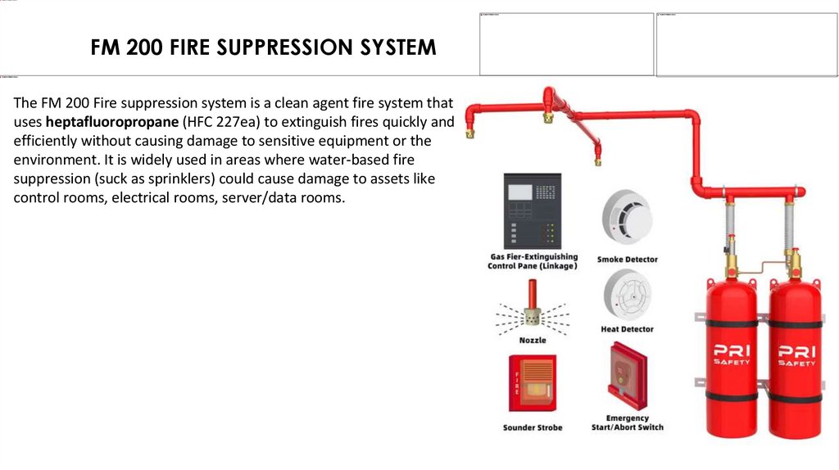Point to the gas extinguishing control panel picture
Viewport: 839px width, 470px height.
click(x=532, y=210)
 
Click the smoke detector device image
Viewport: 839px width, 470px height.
click(x=627, y=217)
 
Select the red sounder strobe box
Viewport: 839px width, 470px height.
click(x=532, y=383)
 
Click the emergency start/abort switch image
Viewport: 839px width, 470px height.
click(x=627, y=377)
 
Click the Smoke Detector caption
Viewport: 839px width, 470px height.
click(x=627, y=260)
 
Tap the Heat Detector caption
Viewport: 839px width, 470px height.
click(x=627, y=329)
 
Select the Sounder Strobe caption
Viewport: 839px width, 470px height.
click(x=532, y=427)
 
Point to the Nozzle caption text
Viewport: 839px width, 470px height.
click(x=532, y=340)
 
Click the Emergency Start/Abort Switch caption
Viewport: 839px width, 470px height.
click(x=627, y=423)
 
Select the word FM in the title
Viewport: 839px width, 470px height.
click(x=106, y=47)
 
